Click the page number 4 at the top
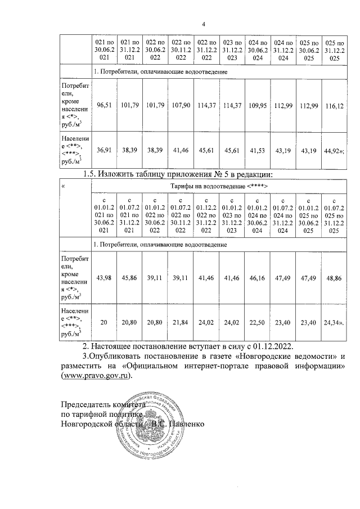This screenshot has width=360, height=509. [x=204, y=23]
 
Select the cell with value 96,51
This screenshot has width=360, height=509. [x=105, y=105]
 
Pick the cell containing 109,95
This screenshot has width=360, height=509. [x=257, y=105]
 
